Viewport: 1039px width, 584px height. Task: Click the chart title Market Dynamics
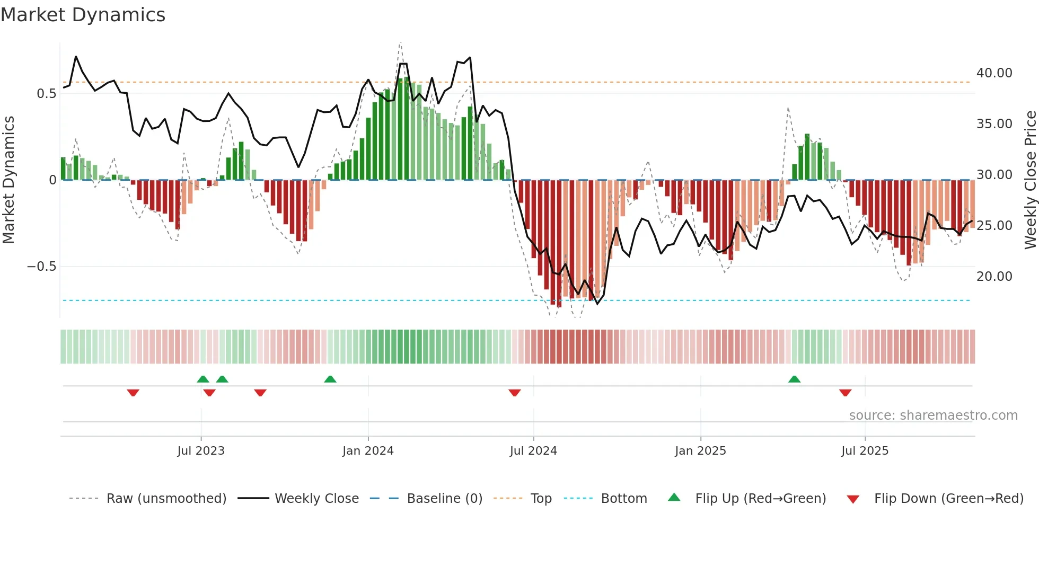click(83, 15)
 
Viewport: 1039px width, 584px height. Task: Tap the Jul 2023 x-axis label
click(201, 451)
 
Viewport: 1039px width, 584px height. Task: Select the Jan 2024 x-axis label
click(368, 451)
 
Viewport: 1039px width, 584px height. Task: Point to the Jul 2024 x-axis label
click(533, 451)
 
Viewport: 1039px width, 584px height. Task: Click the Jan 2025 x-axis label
click(700, 451)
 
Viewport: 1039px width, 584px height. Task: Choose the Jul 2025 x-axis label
click(865, 451)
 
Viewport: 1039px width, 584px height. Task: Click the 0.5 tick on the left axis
click(46, 94)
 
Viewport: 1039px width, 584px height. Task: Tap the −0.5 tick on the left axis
click(41, 267)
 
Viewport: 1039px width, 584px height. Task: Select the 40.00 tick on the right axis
click(994, 73)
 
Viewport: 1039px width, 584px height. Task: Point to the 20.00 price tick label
click(994, 277)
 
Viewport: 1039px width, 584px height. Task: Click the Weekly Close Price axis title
click(1030, 180)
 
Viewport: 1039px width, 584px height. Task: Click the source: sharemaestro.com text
click(933, 415)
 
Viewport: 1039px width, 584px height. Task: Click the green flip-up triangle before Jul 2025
click(794, 379)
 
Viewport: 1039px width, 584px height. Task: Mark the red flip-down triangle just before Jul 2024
click(514, 393)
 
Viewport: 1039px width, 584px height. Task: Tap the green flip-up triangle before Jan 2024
click(330, 379)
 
